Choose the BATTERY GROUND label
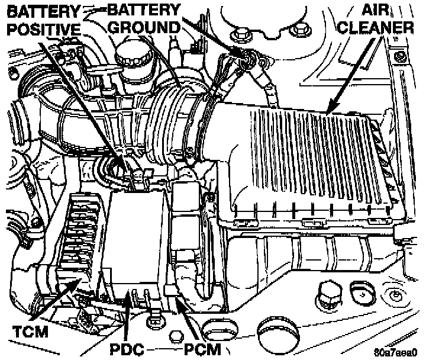144,18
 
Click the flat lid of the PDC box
135,237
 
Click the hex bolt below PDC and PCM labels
176,336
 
